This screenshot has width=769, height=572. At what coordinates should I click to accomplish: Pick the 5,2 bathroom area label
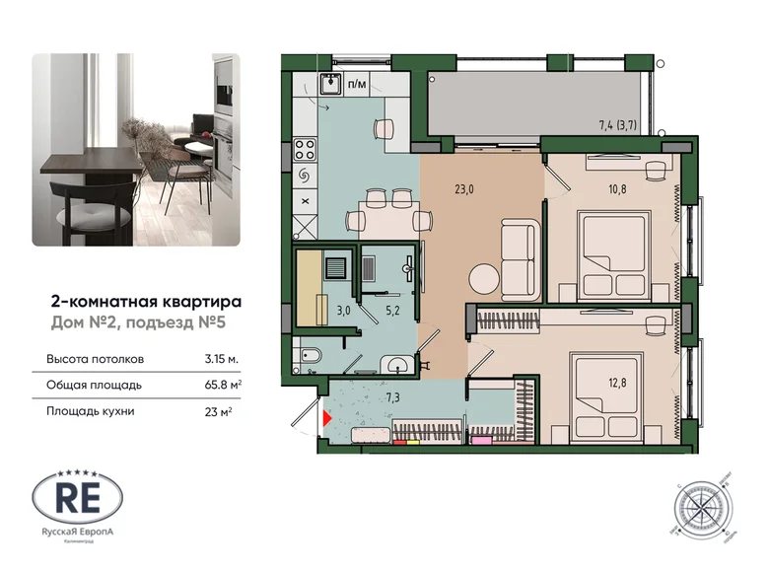(392, 309)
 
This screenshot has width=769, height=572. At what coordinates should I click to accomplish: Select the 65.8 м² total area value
(226, 386)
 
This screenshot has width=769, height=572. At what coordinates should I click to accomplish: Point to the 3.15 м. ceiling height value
(223, 359)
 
